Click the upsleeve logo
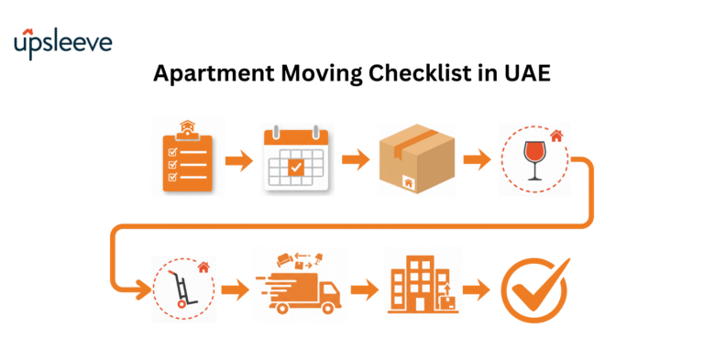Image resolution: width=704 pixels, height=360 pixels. click(x=61, y=44)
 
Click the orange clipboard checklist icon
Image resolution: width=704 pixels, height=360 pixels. click(x=187, y=158)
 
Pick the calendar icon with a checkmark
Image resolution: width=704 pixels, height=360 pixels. click(x=295, y=158)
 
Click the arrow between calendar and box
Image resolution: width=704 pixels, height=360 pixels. click(x=356, y=161)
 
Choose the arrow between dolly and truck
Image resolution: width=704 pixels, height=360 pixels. click(x=236, y=292)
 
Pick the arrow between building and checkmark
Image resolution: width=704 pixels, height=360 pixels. click(x=476, y=292)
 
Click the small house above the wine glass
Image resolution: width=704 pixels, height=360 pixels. click(x=555, y=136)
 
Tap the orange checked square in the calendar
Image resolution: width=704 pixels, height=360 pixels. click(x=295, y=167)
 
